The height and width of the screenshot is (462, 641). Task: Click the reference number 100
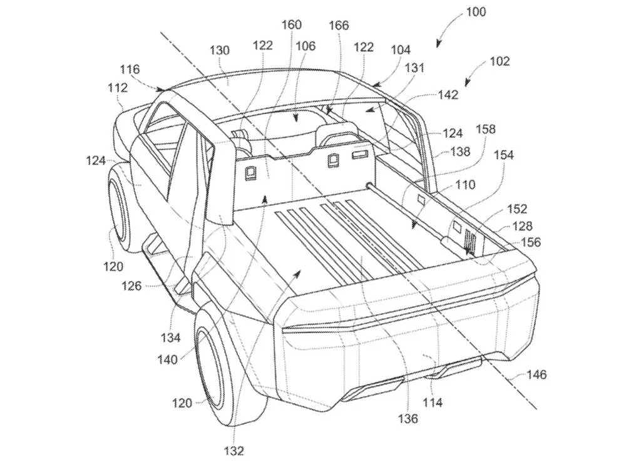[x=476, y=11]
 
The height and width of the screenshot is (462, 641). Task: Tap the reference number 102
[x=500, y=61]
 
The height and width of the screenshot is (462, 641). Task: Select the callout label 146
[x=536, y=374]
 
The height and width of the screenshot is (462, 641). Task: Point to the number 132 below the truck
[x=234, y=450]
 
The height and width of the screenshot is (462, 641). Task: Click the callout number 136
[x=408, y=418]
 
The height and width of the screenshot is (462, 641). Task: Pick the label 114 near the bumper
[x=433, y=403]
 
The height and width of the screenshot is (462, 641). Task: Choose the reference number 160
[x=292, y=24]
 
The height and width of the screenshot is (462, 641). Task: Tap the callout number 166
[x=339, y=25]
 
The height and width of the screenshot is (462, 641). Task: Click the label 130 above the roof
[x=220, y=50]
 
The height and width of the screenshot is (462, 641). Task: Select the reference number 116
[x=130, y=69]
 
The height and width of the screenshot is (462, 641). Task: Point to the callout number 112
[x=118, y=88]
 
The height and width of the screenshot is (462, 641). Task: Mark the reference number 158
[x=485, y=129]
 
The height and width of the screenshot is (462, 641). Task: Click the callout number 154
[x=504, y=155]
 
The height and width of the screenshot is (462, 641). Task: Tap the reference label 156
[x=531, y=242]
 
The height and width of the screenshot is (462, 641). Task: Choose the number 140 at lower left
[x=168, y=359]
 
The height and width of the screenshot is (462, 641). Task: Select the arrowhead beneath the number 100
[x=438, y=44]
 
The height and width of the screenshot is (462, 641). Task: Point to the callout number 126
[x=131, y=286]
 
